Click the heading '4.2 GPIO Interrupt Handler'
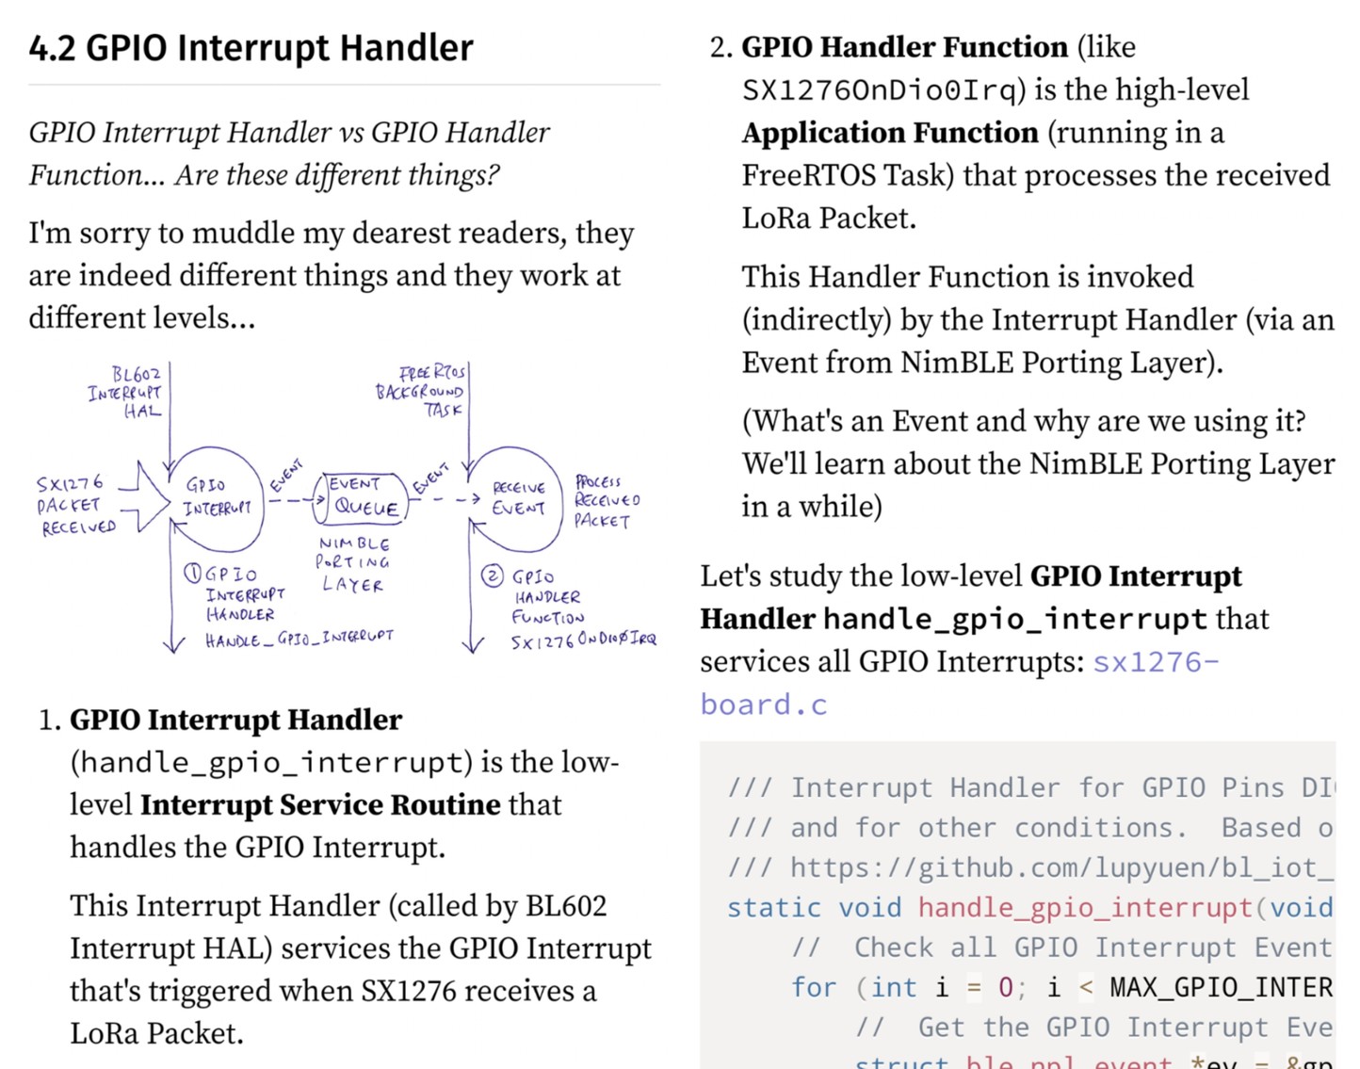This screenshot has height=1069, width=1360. [251, 48]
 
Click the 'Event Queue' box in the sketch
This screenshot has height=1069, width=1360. [364, 497]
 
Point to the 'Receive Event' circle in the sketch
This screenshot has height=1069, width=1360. [517, 498]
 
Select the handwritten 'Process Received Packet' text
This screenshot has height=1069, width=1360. [606, 500]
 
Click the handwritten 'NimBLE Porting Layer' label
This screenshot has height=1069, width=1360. [353, 564]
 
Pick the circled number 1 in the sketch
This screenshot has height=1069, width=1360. [192, 573]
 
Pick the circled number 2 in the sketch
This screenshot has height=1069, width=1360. [492, 575]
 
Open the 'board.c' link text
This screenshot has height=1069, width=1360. [763, 705]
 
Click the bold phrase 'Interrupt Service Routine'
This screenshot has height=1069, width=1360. [320, 804]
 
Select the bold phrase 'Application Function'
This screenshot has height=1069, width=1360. [889, 133]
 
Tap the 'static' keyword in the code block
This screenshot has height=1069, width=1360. [772, 907]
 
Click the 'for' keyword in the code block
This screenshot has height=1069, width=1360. [813, 987]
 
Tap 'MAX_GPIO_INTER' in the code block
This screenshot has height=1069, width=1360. [1221, 987]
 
